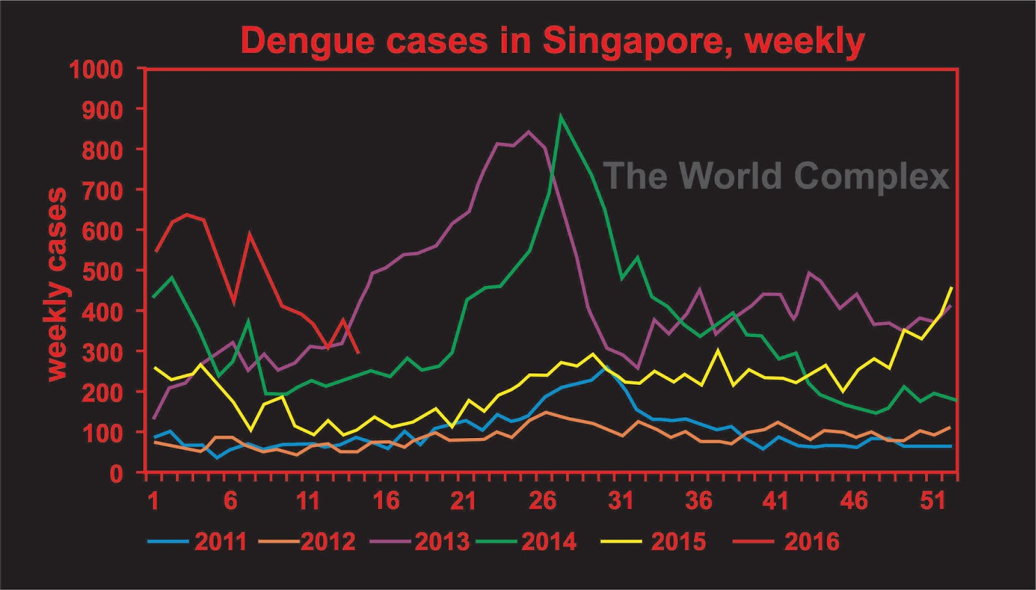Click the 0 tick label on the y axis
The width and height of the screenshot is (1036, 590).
[x=116, y=473]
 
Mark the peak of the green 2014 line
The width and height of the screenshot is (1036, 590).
[x=561, y=116]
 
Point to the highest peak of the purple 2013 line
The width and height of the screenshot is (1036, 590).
[x=528, y=132]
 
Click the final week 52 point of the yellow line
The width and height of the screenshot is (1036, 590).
[x=951, y=287]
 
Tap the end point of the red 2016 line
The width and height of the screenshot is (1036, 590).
[x=359, y=353]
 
